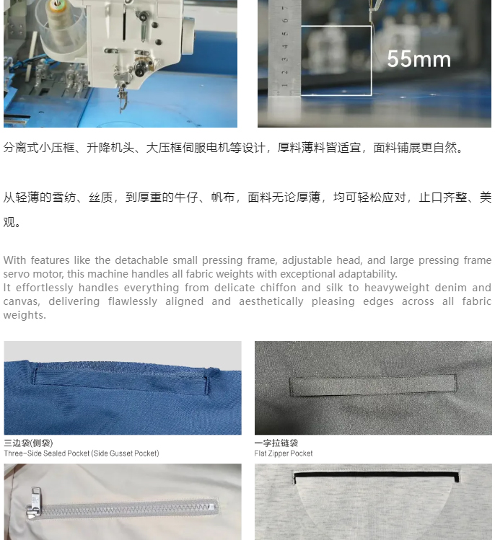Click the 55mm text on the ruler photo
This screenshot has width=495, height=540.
tap(419, 59)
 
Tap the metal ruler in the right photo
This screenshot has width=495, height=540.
tap(285, 48)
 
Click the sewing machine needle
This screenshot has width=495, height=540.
tap(122, 102)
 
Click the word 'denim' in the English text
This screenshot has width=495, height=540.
tap(450, 288)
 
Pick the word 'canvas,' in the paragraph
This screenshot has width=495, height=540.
tap(22, 301)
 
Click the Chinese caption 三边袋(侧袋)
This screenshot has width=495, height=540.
tap(29, 443)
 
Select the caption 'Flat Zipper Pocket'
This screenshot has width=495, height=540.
tap(284, 453)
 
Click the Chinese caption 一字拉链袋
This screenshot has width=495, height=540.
tap(276, 443)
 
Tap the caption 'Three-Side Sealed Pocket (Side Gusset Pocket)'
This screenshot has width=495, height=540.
tap(82, 453)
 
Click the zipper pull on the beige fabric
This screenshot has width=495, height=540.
tap(34, 503)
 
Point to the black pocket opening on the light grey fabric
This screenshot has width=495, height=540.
tap(377, 477)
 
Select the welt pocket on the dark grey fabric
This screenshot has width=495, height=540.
tap(372, 385)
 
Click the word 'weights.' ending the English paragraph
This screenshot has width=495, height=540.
tap(25, 315)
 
